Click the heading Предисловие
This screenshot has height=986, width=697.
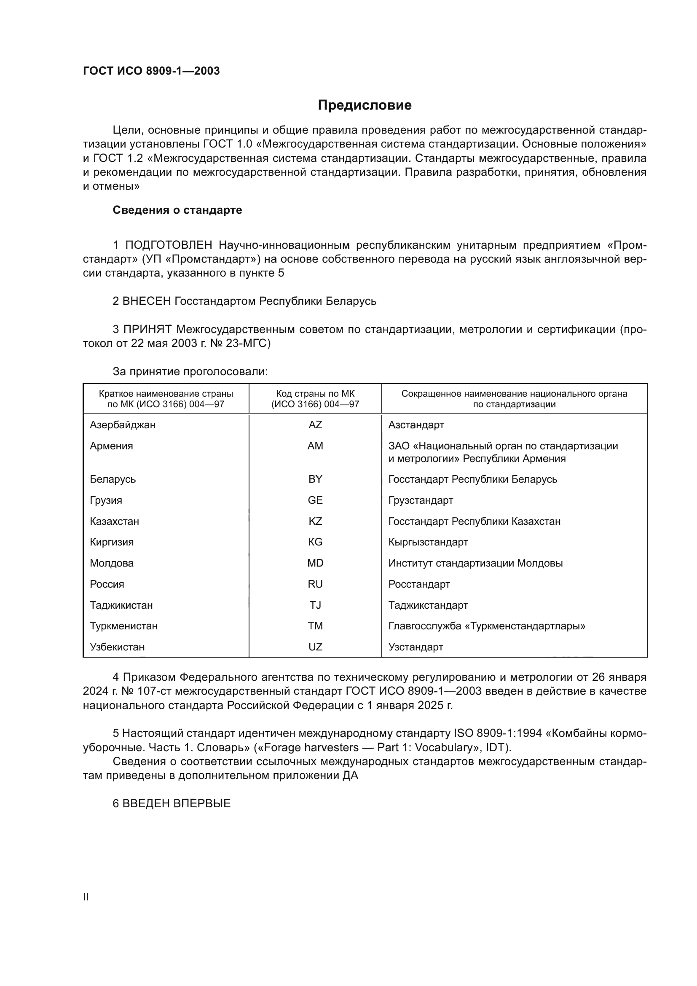pyautogui.click(x=365, y=105)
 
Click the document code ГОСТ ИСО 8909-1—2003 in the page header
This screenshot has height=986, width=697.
pyautogui.click(x=151, y=71)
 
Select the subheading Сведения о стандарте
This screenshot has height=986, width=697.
pyautogui.click(x=177, y=210)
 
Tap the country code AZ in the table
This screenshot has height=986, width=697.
pyautogui.click(x=315, y=425)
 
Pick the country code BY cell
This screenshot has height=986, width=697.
pyautogui.click(x=315, y=479)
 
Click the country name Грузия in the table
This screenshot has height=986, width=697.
pyautogui.click(x=106, y=500)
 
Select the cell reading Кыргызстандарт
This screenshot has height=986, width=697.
pyautogui.click(x=428, y=542)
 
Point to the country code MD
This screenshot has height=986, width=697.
pyautogui.click(x=315, y=563)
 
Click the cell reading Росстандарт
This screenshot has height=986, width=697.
pyautogui.click(x=419, y=584)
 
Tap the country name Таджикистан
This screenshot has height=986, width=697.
pyautogui.click(x=121, y=605)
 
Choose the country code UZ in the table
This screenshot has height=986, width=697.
pyautogui.click(x=315, y=647)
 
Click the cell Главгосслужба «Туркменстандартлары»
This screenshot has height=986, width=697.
pyautogui.click(x=487, y=626)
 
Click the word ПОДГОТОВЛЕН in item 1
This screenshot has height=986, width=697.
pyautogui.click(x=169, y=245)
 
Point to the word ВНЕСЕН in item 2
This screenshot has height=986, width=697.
pyautogui.click(x=147, y=301)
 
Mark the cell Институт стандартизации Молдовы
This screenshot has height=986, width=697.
pyautogui.click(x=475, y=563)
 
